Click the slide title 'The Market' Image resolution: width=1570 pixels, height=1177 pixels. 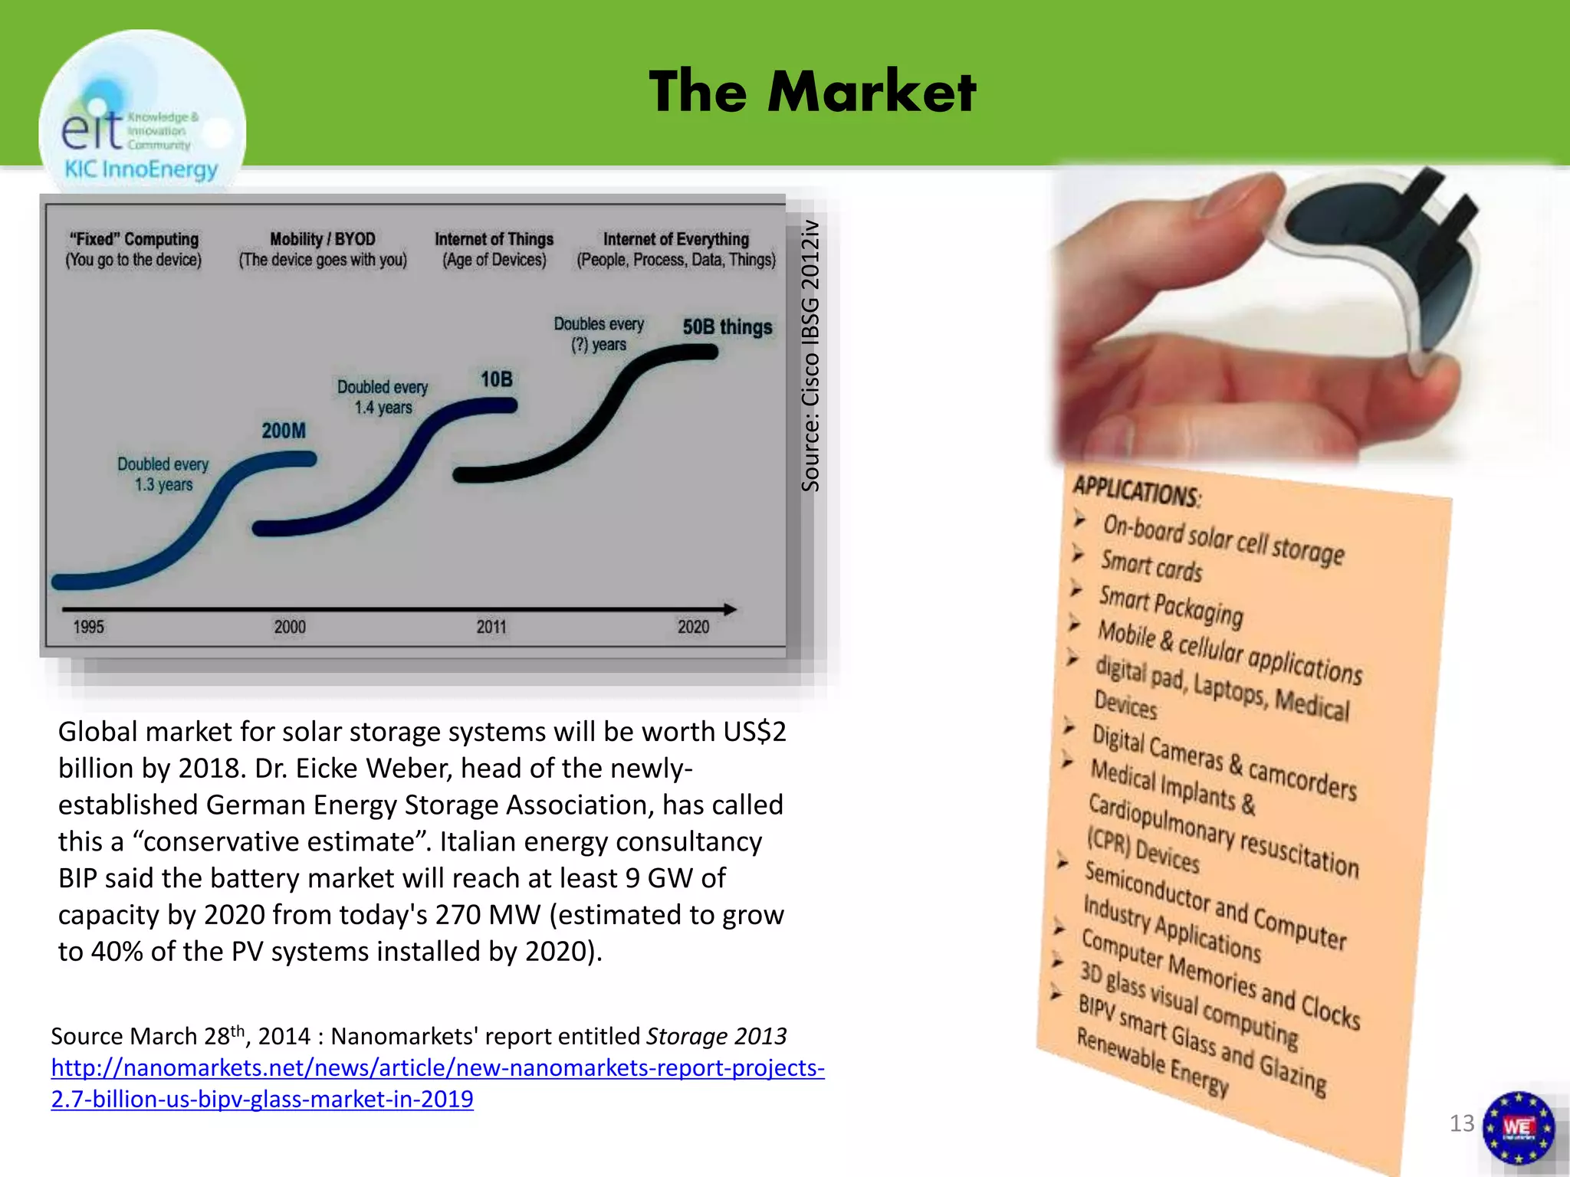pos(812,92)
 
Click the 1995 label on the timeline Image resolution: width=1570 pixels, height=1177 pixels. pos(88,627)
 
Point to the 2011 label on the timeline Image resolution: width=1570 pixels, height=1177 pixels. pos(491,627)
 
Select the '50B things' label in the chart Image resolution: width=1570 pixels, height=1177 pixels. pos(727,327)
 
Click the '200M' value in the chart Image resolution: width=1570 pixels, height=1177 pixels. pos(284,431)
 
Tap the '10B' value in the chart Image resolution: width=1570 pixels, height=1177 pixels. pos(496,379)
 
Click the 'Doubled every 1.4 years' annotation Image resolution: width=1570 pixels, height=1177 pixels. pos(383,397)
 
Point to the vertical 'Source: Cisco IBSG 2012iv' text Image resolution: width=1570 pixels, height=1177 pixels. pos(810,356)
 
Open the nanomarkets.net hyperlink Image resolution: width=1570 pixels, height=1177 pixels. pos(437,1083)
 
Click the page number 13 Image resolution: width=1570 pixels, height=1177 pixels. pos(1461,1123)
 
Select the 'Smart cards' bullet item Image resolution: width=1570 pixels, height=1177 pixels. pos(1151,566)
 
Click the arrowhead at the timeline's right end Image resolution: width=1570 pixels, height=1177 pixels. pos(730,609)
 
